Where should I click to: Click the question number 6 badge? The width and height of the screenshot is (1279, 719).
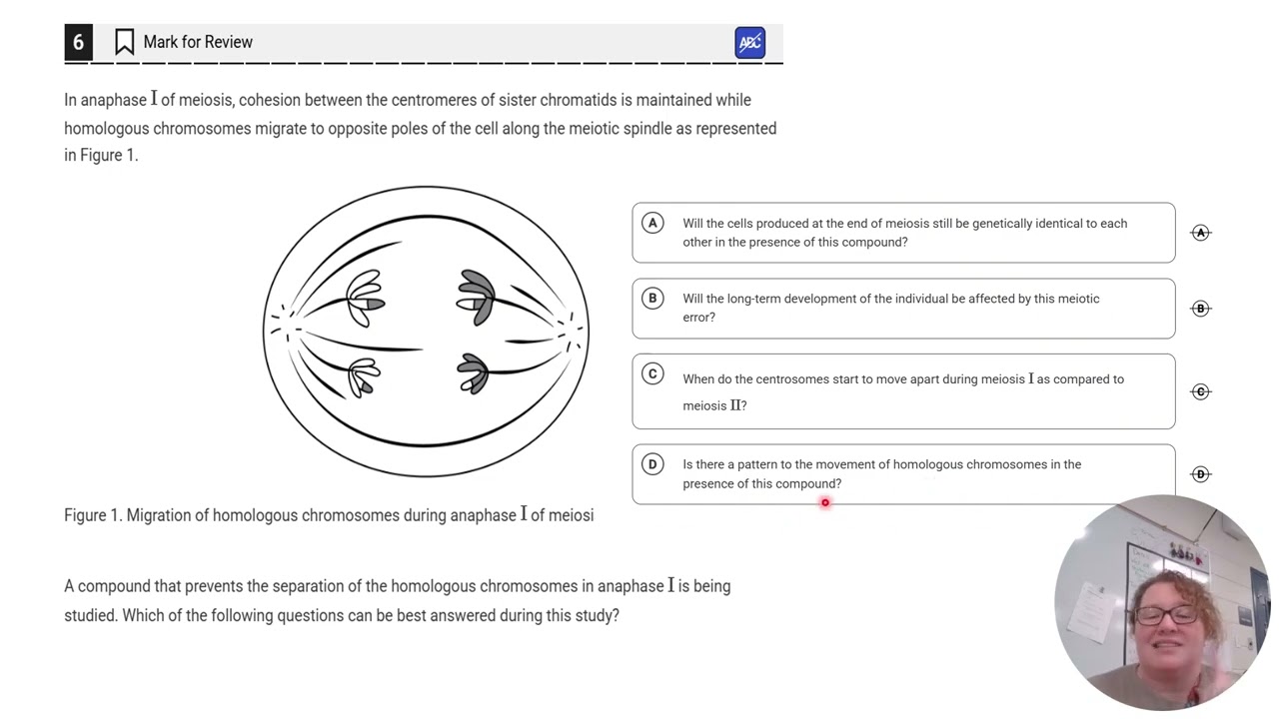tap(78, 43)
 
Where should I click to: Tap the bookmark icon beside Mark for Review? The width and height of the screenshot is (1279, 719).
tap(124, 42)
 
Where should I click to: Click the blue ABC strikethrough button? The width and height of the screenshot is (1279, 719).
tap(749, 43)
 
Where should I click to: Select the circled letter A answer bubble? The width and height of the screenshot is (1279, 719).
tap(652, 223)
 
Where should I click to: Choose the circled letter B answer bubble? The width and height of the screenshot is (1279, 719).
tap(652, 298)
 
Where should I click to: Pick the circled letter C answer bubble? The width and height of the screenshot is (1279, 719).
tap(652, 373)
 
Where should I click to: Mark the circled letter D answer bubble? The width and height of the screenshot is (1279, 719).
tap(652, 463)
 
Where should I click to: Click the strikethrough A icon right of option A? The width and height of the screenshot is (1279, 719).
tap(1200, 233)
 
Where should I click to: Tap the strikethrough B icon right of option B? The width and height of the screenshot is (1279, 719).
tap(1200, 309)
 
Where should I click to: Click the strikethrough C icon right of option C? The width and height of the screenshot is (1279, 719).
tap(1200, 391)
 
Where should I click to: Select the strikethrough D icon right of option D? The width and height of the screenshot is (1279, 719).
tap(1200, 474)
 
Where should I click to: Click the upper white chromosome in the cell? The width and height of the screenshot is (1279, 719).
tap(365, 298)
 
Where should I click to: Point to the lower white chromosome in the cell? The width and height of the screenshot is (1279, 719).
tap(364, 376)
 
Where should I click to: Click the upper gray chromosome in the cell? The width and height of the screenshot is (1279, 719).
tap(476, 297)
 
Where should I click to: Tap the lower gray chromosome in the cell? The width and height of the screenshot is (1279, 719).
tap(473, 373)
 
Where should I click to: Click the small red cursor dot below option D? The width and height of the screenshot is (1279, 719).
tap(825, 503)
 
